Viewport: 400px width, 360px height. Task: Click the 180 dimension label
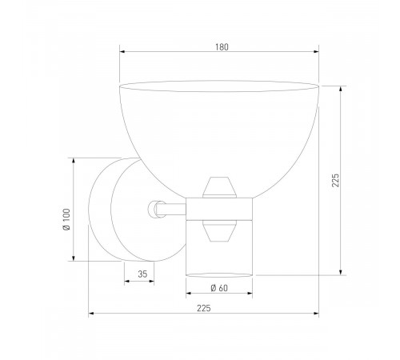(x=222, y=46)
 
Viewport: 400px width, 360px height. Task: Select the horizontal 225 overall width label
(x=203, y=307)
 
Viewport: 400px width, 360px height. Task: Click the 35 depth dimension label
(x=142, y=274)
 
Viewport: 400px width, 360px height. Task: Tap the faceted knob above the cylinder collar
(x=219, y=189)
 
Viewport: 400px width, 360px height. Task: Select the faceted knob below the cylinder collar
(x=219, y=231)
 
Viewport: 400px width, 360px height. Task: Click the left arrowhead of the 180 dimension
(x=122, y=54)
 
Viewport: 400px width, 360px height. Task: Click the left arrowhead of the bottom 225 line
(x=91, y=314)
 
